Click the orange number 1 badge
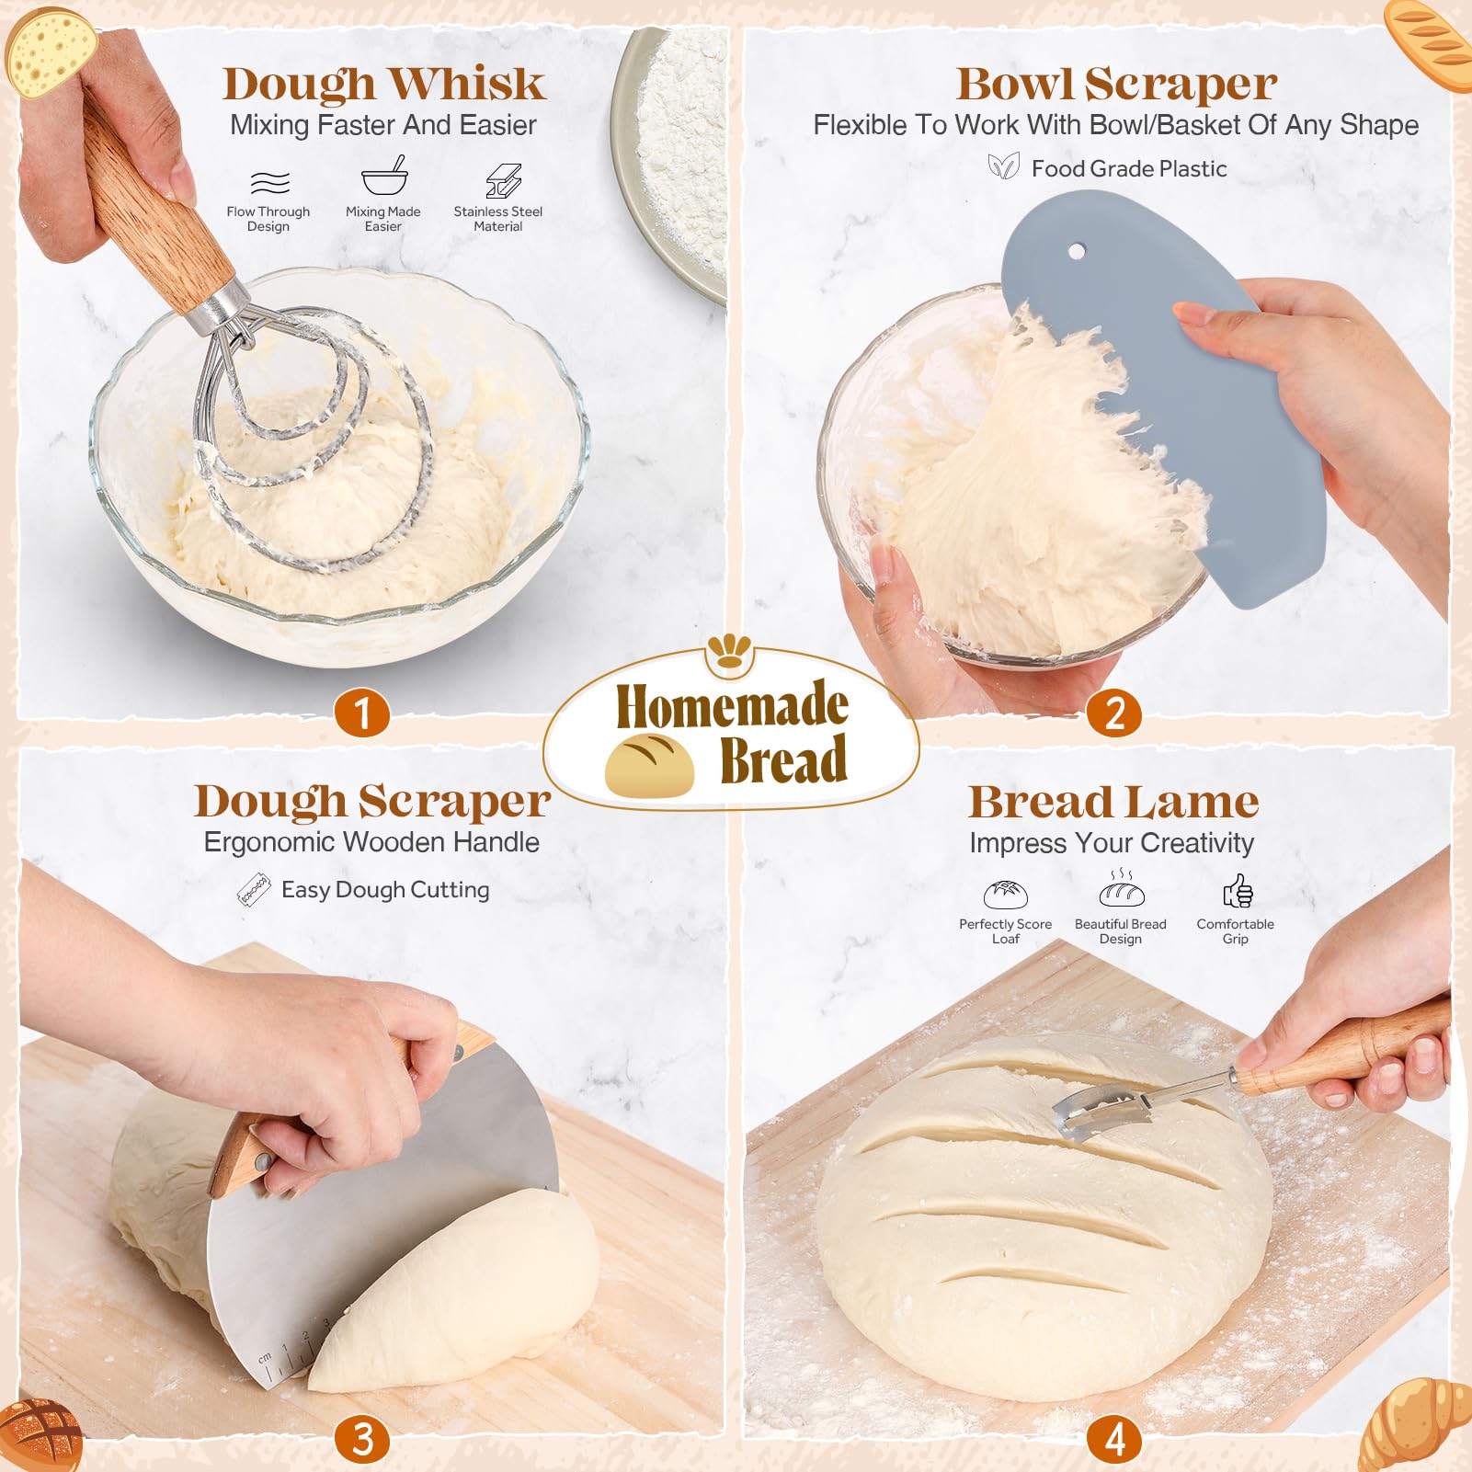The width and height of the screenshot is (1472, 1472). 361,713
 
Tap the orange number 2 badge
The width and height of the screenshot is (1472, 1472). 1114,713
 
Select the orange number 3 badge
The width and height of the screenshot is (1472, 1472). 361,1440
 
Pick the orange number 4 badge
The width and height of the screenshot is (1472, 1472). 1114,1440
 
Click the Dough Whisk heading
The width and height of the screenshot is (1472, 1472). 383,85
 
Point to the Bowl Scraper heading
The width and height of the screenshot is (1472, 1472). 1115,85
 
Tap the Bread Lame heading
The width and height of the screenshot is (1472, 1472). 1113,802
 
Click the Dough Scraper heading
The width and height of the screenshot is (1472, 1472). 371,801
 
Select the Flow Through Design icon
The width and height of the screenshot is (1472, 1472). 269,182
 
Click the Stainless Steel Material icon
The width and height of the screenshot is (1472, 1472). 502,181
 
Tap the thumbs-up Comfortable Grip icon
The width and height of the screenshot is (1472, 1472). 1238,891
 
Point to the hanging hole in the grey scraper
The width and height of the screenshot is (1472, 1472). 1077,250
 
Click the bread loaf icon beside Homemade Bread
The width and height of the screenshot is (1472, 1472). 649,764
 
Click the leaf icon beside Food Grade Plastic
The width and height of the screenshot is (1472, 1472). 1003,167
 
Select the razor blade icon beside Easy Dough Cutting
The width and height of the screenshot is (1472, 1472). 254,890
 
